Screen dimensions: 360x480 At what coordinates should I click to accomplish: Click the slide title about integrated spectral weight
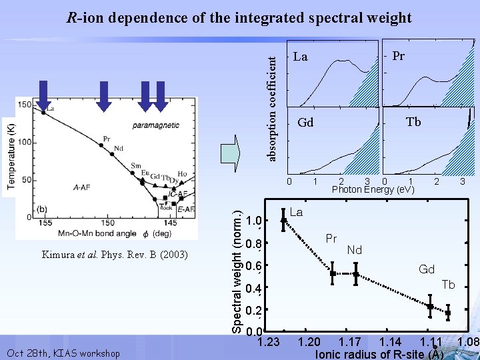click(x=239, y=17)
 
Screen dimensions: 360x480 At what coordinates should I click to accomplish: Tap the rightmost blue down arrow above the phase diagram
click(x=160, y=94)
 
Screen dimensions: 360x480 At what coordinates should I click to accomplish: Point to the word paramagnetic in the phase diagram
click(x=155, y=125)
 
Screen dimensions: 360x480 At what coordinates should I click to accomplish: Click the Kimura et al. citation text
click(x=115, y=255)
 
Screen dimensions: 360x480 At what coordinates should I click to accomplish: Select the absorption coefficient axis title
click(x=271, y=107)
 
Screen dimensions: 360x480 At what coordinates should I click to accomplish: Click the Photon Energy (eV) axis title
click(x=373, y=190)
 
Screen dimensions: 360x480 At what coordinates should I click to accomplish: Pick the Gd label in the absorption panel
click(x=305, y=123)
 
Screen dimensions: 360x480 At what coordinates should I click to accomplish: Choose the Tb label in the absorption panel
click(x=413, y=121)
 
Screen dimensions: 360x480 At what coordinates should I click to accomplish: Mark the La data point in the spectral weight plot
click(x=284, y=220)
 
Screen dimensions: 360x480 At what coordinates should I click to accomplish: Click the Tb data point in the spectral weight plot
click(x=448, y=312)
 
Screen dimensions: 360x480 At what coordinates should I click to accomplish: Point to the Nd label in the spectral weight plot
click(x=354, y=251)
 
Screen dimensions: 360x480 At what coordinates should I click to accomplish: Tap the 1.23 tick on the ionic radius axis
click(x=268, y=343)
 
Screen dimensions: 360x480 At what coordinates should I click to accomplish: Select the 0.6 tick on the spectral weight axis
click(x=253, y=267)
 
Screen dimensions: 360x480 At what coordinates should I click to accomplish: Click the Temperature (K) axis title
click(x=10, y=156)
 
